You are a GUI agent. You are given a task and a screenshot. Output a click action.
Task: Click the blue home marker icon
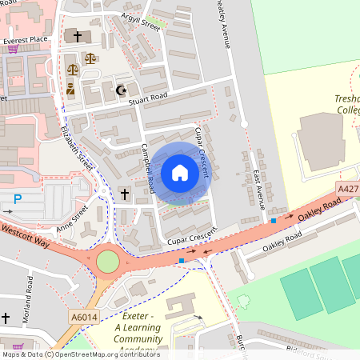pyautogui.click(x=180, y=173)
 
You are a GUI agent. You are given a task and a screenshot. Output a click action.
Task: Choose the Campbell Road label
pyautogui.click(x=147, y=167)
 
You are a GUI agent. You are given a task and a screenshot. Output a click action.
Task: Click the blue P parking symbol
pyautogui.click(x=17, y=198)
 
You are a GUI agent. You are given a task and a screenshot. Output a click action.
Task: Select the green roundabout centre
pyautogui.click(x=108, y=262)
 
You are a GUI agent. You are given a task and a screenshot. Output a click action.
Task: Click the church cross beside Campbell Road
pyautogui.click(x=124, y=194)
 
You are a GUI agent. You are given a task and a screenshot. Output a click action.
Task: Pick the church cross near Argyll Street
pyautogui.click(x=78, y=36)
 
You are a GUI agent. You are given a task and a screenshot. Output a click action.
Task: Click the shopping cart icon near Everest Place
pyautogui.click(x=12, y=48)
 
